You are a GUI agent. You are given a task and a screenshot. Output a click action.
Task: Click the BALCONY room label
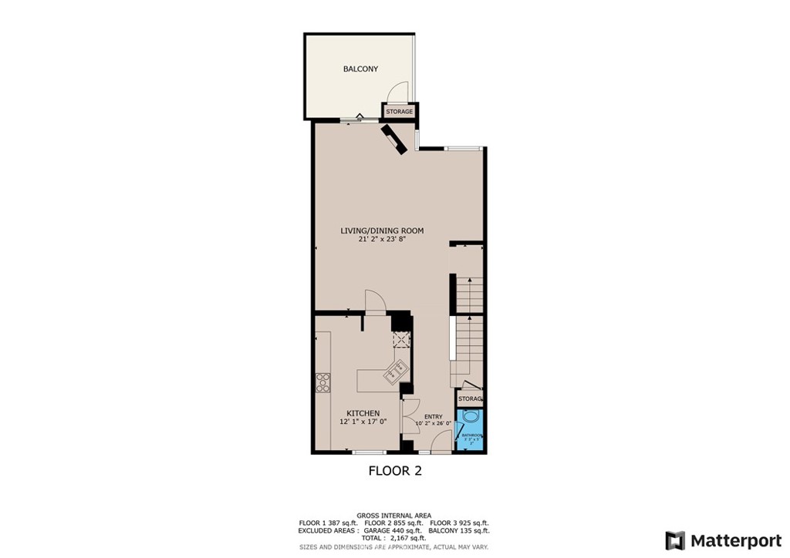(x=360, y=69)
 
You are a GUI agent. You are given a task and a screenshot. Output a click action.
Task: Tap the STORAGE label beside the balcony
(x=399, y=113)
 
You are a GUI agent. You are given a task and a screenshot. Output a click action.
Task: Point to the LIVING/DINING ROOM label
(x=383, y=230)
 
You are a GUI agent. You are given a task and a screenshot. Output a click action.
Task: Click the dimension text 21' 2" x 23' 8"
(x=382, y=240)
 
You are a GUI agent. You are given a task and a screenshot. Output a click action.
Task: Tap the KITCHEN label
(x=363, y=414)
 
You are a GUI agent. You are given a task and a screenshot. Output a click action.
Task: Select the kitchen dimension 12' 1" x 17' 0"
(x=363, y=422)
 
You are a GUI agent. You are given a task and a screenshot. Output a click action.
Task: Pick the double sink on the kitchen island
(x=397, y=371)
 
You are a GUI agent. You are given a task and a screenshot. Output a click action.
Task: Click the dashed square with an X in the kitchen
(x=400, y=341)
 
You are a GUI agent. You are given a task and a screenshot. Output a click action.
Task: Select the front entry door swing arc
(x=441, y=441)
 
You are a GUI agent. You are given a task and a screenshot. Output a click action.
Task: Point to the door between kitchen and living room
(x=374, y=301)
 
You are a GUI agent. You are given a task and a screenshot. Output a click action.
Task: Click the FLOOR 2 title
(x=394, y=469)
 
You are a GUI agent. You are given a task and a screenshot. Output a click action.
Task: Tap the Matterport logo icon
(x=674, y=540)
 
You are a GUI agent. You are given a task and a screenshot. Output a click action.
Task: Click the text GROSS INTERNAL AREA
(x=393, y=516)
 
